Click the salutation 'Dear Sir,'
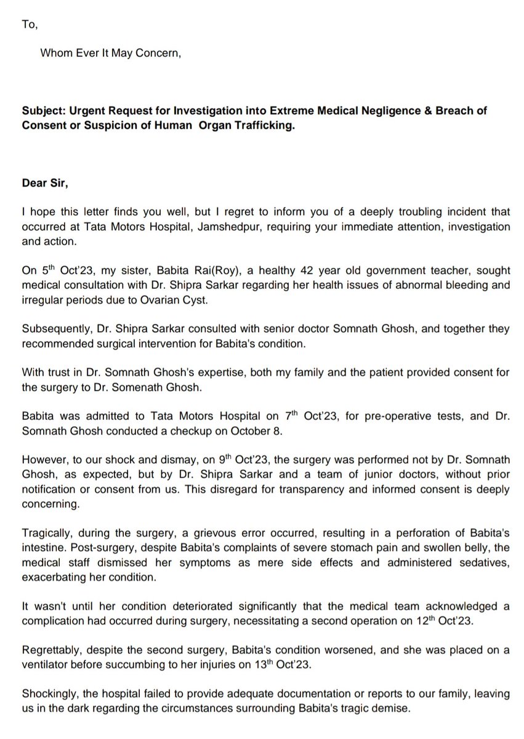pos(42,182)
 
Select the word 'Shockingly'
pos(47,694)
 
